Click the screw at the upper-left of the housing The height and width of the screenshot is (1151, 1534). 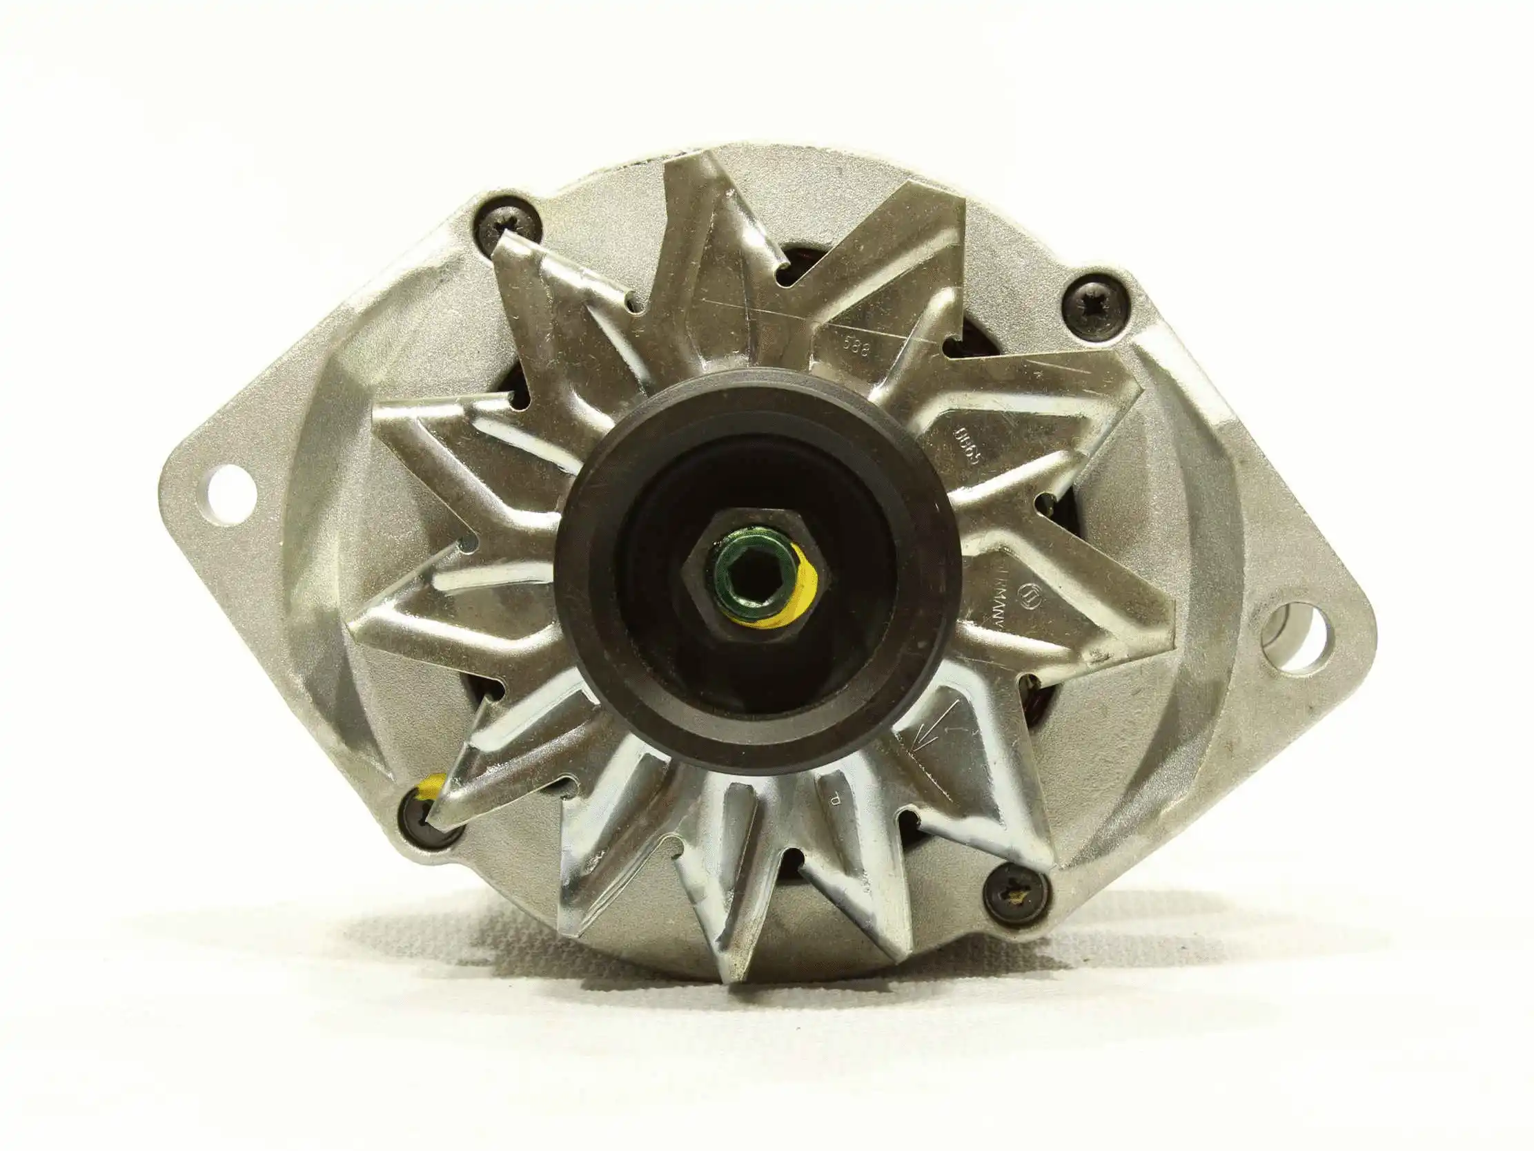coord(508,221)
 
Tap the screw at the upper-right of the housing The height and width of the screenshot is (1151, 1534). coord(1097,307)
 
